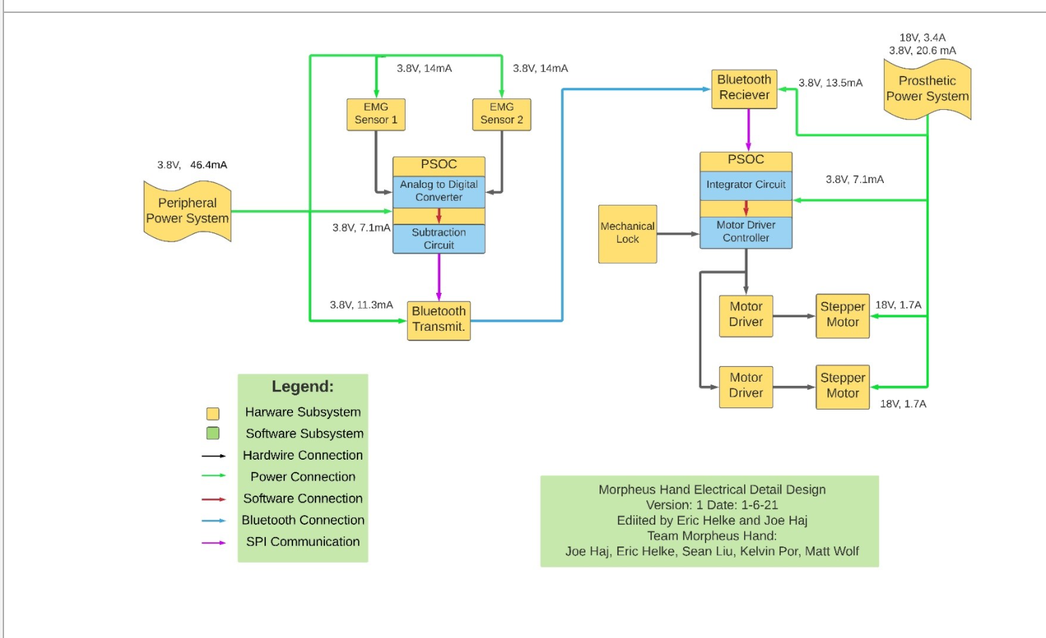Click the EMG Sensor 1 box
[x=376, y=114]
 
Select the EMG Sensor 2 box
[x=501, y=114]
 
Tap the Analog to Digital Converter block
[x=439, y=191]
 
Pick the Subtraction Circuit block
[x=439, y=239]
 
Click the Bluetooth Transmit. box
[x=439, y=319]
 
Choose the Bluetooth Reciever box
[x=744, y=88]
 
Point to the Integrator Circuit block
[x=745, y=184]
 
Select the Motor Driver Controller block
[x=745, y=232]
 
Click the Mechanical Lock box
[x=627, y=233]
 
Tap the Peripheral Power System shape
[x=187, y=211]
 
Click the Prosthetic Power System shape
[x=927, y=89]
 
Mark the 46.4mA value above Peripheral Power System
[x=208, y=165]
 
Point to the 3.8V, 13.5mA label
[x=830, y=83]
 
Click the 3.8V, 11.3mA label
[x=361, y=305]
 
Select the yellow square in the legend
[x=213, y=414]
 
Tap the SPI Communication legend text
[x=303, y=542]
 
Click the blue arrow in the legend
[x=214, y=521]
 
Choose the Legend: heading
[x=303, y=386]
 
